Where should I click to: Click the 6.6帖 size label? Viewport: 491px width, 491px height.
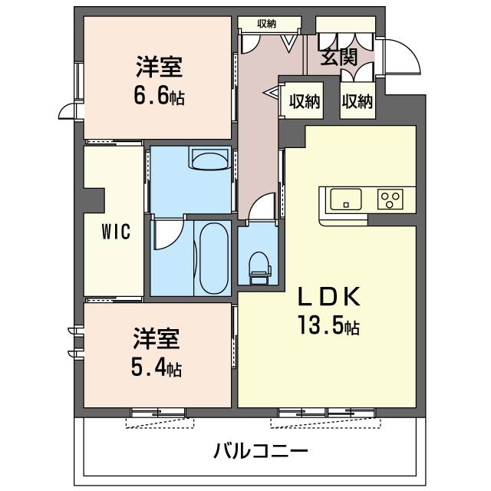point(160,98)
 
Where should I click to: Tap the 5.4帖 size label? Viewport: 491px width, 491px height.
point(157,368)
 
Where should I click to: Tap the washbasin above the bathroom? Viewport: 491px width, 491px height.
point(208,161)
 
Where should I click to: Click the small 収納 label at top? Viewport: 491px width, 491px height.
point(266,24)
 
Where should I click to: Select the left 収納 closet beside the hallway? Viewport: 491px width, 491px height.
point(305,101)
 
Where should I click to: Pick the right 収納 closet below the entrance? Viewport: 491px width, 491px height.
point(358,101)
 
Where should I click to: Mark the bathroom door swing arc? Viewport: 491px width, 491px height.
point(168,235)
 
